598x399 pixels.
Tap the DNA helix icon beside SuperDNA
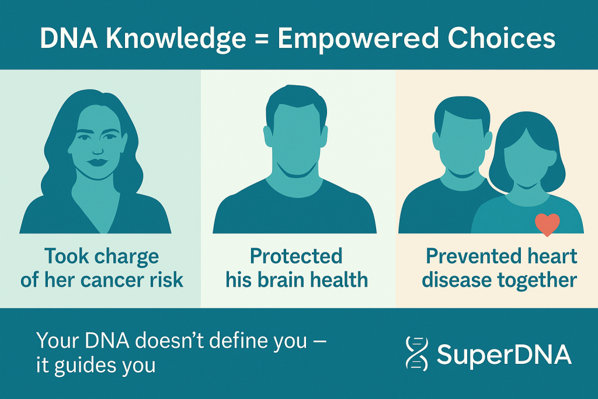[x=416, y=353]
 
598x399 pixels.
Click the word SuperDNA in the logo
[x=504, y=354]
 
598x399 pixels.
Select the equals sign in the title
[x=261, y=39]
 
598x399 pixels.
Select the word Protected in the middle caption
[x=296, y=256]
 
